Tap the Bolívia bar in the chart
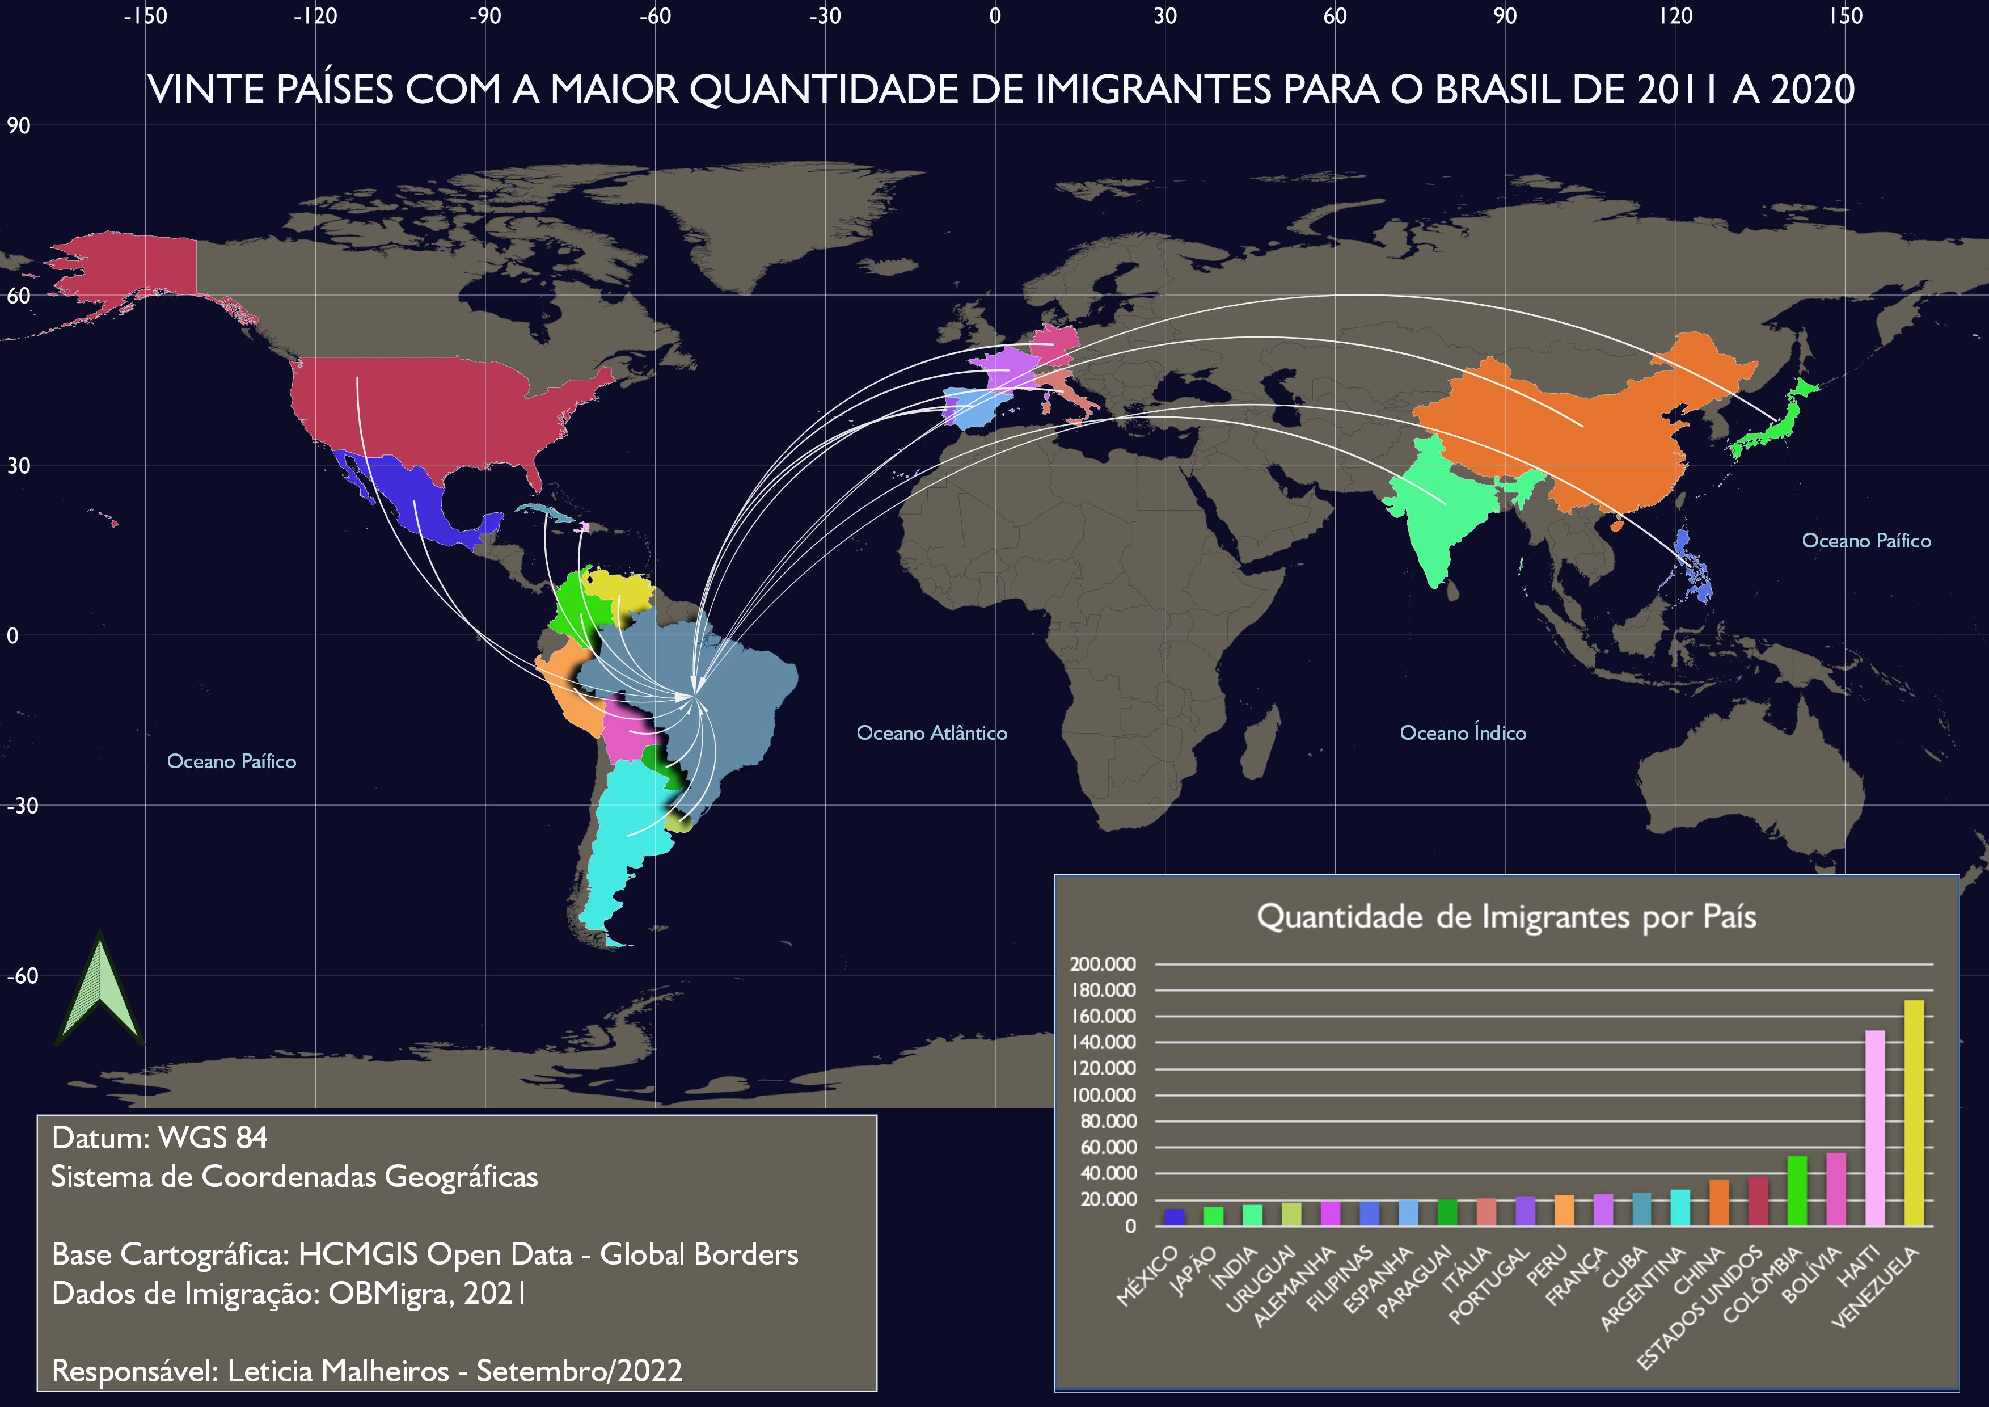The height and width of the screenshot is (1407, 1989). (1836, 1189)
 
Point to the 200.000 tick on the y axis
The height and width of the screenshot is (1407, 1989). (1103, 964)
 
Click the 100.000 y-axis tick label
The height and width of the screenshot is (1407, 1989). (1103, 1095)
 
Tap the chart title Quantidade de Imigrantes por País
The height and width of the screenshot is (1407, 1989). (1506, 917)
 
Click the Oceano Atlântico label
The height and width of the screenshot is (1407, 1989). (931, 733)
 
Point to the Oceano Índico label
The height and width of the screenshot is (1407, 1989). (1462, 733)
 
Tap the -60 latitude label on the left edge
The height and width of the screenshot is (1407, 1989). (23, 976)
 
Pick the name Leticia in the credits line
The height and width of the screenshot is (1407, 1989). (269, 1371)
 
